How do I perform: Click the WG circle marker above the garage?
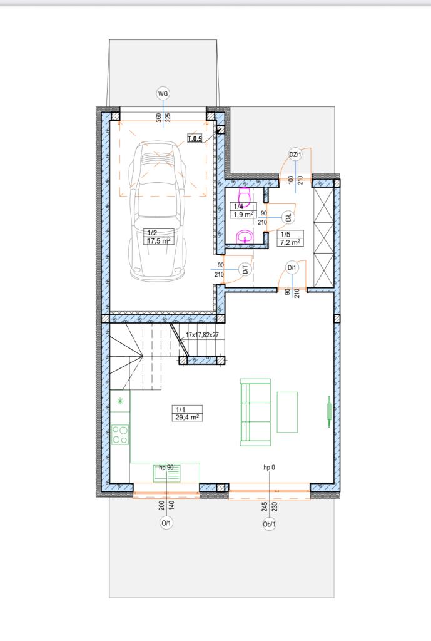click(163, 94)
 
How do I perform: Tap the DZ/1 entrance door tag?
click(295, 155)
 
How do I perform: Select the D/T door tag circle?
click(245, 269)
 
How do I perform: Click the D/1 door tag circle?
click(292, 268)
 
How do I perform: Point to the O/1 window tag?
click(166, 523)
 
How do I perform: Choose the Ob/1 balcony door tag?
click(269, 524)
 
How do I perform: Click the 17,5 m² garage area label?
click(158, 241)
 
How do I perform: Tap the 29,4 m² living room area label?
click(187, 417)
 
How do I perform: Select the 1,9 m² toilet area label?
click(243, 214)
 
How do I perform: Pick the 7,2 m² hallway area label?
click(290, 242)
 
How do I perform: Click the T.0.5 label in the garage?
click(195, 139)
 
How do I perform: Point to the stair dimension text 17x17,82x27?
click(202, 335)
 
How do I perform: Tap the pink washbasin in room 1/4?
click(245, 236)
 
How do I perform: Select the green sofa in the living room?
click(256, 412)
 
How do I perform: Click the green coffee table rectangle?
click(287, 412)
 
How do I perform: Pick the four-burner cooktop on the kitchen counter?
click(120, 434)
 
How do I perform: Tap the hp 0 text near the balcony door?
click(269, 467)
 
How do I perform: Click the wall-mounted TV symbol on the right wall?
click(329, 412)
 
